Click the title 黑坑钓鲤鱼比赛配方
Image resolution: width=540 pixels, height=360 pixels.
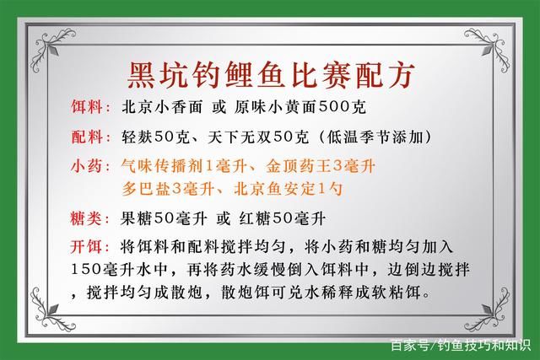[x=270, y=73]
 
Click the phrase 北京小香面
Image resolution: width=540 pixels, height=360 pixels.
[x=158, y=109]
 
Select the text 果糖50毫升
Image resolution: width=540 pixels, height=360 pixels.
[x=163, y=218]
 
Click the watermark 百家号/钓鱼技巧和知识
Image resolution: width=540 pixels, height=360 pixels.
[x=459, y=345]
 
